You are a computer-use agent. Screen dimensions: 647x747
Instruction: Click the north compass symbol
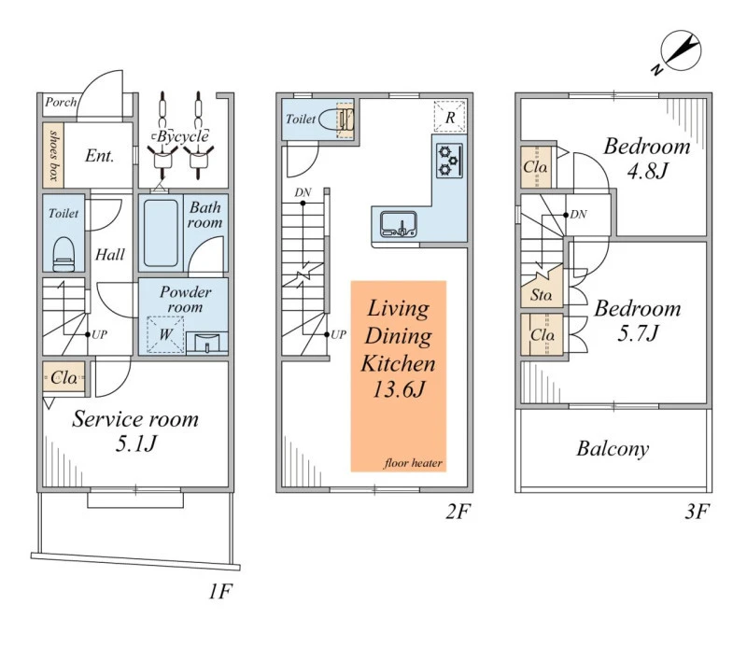point(679,51)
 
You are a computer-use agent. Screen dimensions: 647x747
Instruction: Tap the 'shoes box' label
point(52,155)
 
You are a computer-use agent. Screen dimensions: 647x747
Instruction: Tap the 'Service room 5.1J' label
point(135,430)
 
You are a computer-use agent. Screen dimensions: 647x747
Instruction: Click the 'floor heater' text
point(412,463)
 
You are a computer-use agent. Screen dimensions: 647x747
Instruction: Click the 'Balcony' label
point(612,449)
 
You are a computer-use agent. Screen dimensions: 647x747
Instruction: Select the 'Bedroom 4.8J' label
point(646,158)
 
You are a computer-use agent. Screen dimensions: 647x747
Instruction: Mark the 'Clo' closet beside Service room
point(63,379)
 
